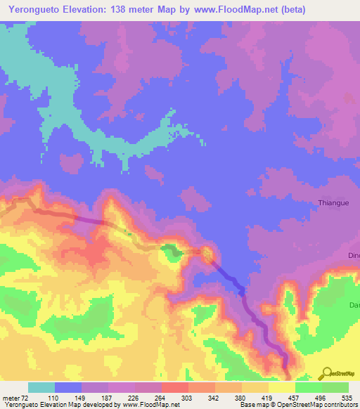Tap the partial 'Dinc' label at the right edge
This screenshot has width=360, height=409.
pos(353,255)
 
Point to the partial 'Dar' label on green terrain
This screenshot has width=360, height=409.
pos(354,305)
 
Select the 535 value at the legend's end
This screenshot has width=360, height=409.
pos(348,398)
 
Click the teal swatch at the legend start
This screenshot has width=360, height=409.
pos(41,387)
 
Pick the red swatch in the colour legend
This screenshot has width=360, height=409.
pos(175,387)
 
